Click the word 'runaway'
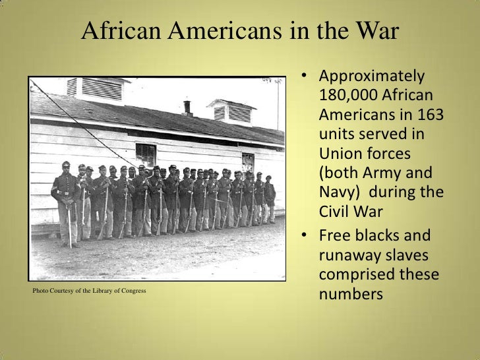coord(349,255)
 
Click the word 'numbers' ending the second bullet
coord(349,293)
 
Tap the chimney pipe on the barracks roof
coord(187,107)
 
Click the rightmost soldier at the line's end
coord(270,198)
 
